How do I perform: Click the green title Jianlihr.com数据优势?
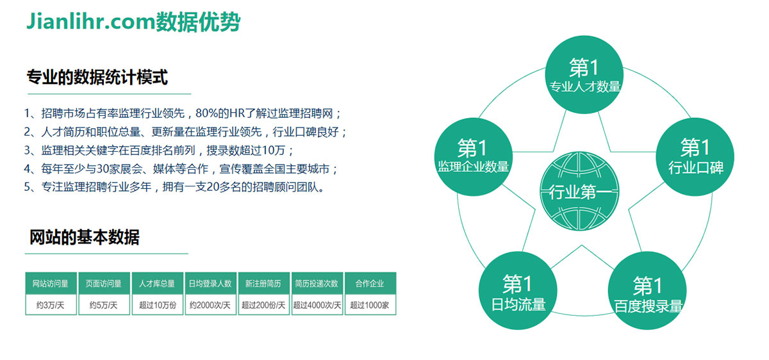pyautogui.click(x=133, y=22)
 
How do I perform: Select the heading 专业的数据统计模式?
pyautogui.click(x=97, y=77)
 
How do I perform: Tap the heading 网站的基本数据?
pyautogui.click(x=85, y=237)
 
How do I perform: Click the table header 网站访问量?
pyautogui.click(x=51, y=284)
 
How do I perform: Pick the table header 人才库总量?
pyautogui.click(x=157, y=284)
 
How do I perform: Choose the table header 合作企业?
pyautogui.click(x=370, y=284)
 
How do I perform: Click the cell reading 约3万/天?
pyautogui.click(x=51, y=305)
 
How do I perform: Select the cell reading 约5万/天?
pyautogui.click(x=104, y=305)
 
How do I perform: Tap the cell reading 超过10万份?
pyautogui.click(x=157, y=305)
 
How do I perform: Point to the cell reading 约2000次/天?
pyautogui.click(x=210, y=305)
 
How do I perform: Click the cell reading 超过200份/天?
pyautogui.click(x=263, y=305)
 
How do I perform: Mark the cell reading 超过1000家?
pyautogui.click(x=370, y=305)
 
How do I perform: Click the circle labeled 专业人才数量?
pyautogui.click(x=584, y=74)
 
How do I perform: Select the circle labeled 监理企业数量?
pyautogui.click(x=474, y=157)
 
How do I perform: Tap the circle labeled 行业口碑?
pyautogui.click(x=695, y=157)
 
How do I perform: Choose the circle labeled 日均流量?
pyautogui.click(x=518, y=291)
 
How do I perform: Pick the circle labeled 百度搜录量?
pyautogui.click(x=647, y=291)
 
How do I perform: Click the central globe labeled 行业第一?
pyautogui.click(x=579, y=191)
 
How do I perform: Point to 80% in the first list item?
pyautogui.click(x=207, y=113)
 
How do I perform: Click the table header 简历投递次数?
pyautogui.click(x=317, y=284)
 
